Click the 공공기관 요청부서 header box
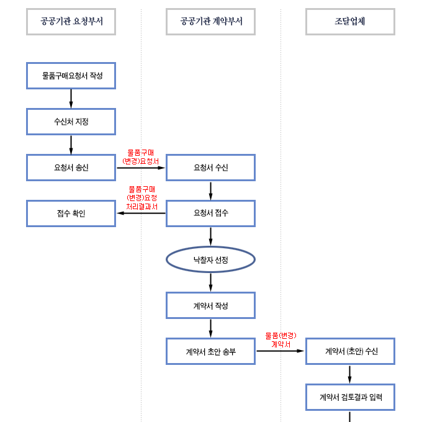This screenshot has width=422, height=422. tap(71, 22)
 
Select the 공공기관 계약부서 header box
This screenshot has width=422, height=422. tap(210, 22)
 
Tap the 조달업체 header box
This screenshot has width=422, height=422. tap(350, 22)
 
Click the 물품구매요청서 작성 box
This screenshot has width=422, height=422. tap(71, 76)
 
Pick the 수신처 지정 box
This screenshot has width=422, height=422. tap(71, 122)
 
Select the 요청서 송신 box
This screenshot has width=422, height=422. tap(71, 168)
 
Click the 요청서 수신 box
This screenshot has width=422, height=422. tap(210, 168)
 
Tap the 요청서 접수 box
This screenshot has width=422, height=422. tap(210, 213)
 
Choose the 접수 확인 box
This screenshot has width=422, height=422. tap(71, 213)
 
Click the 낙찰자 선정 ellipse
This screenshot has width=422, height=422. tap(210, 259)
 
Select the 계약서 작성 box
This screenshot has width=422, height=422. tap(210, 305)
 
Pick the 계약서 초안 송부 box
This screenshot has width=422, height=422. tap(210, 351)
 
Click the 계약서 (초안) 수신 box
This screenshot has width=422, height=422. tap(350, 351)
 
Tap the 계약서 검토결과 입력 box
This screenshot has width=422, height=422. tap(350, 397)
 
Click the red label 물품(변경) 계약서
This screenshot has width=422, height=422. tap(281, 339)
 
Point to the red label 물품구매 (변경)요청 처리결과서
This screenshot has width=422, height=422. tap(141, 197)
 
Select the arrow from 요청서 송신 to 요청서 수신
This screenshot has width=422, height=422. tap(141, 168)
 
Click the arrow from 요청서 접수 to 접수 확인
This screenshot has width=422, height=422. tap(141, 213)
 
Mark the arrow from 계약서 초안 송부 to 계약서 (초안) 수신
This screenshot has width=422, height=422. tap(281, 351)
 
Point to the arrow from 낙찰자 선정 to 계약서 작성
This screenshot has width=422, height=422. tap(210, 282)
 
